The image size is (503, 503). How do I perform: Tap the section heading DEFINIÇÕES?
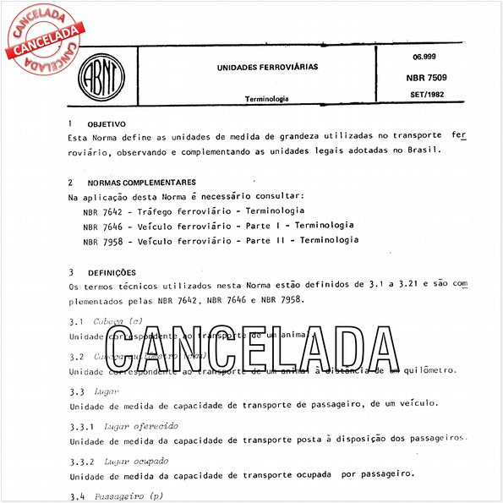coord(112,272)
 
